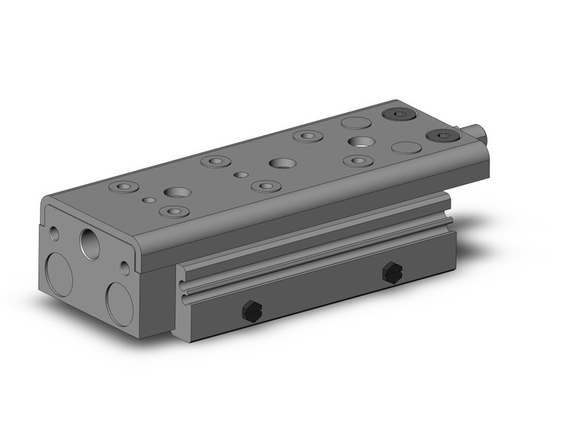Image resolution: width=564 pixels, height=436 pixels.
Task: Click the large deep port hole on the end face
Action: (x=89, y=243)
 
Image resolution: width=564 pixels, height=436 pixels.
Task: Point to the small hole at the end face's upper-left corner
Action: (x=53, y=233)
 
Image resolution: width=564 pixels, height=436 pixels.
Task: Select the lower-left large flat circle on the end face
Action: (x=59, y=274)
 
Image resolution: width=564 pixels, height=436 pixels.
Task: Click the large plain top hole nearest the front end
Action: (x=177, y=192)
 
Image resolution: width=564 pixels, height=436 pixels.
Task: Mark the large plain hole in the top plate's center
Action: (x=282, y=163)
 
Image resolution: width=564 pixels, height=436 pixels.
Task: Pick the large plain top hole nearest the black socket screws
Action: (x=360, y=141)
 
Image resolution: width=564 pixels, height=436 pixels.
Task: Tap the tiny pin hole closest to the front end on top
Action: (x=151, y=201)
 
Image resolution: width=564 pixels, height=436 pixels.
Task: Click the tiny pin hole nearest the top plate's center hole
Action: (x=240, y=175)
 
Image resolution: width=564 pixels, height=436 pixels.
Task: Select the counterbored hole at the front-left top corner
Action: (x=122, y=186)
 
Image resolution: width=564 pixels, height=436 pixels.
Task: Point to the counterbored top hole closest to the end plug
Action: (x=358, y=160)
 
